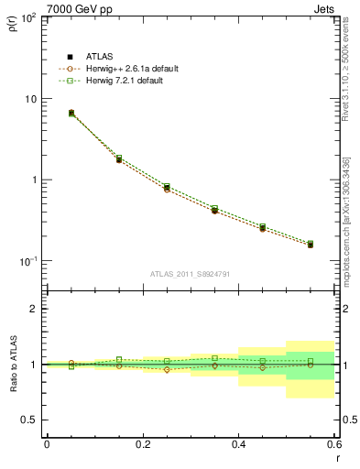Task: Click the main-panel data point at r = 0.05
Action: (71, 113)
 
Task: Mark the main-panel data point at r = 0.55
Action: (311, 245)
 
